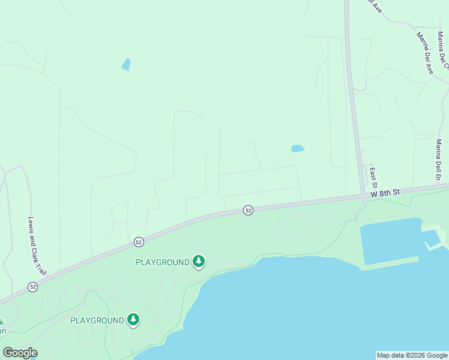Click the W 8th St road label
pyautogui.click(x=385, y=193)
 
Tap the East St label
pyautogui.click(x=373, y=176)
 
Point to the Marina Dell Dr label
pyautogui.click(x=439, y=160)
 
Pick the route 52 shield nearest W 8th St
pyautogui.click(x=248, y=210)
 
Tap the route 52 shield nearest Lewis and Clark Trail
pyautogui.click(x=32, y=287)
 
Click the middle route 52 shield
pyautogui.click(x=139, y=242)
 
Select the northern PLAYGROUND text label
pyautogui.click(x=163, y=262)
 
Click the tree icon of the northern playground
pyautogui.click(x=199, y=262)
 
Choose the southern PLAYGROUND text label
pyautogui.click(x=97, y=320)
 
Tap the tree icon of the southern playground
pyautogui.click(x=133, y=320)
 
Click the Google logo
pyautogui.click(x=20, y=353)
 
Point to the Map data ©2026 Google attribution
pyautogui.click(x=412, y=355)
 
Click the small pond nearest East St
pyautogui.click(x=298, y=148)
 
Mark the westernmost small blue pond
pyautogui.click(x=126, y=64)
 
